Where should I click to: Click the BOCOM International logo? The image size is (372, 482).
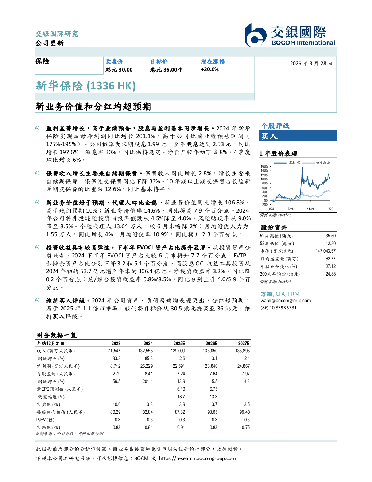(289, 35)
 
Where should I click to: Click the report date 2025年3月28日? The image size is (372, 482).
(311, 64)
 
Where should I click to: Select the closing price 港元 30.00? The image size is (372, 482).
(119, 70)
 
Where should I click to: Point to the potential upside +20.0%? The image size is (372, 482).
(210, 69)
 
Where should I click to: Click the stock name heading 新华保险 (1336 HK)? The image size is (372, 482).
(85, 86)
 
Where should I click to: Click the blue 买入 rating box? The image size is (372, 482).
(298, 135)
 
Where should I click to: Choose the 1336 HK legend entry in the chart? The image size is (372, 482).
(287, 163)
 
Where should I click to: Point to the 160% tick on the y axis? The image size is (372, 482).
(264, 167)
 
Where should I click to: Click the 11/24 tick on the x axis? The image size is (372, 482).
(310, 209)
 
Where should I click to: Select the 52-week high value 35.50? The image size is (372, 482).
(330, 236)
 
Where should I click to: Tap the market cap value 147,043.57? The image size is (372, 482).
(325, 251)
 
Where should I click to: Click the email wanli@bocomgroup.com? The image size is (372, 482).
(286, 301)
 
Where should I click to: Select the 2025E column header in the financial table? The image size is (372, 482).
(179, 343)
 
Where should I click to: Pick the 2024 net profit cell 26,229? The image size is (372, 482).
(147, 366)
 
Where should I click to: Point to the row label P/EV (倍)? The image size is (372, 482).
(46, 420)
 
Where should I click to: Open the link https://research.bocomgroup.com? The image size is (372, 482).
(197, 459)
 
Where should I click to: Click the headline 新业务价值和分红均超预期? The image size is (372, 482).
(93, 107)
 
